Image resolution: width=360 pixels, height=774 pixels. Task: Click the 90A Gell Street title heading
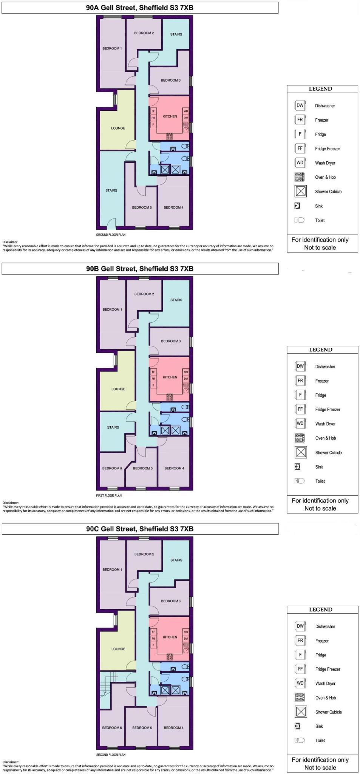tap(140, 8)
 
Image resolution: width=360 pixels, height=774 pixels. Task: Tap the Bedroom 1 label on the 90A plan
tap(112, 48)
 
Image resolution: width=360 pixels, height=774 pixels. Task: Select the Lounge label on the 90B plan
tap(118, 389)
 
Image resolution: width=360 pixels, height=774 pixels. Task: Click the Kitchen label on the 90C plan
tap(170, 637)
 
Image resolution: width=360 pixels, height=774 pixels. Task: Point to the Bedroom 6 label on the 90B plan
tap(112, 468)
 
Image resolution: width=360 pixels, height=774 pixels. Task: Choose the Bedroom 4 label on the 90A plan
tap(173, 207)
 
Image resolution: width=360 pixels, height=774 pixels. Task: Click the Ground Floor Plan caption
tap(111, 235)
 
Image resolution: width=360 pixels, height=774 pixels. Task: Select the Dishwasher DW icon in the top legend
tap(300, 105)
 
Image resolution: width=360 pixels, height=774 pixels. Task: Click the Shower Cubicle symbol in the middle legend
tap(301, 452)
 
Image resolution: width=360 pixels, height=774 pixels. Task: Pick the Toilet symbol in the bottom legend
tap(300, 740)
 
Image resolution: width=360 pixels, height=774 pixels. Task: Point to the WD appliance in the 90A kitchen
tap(186, 111)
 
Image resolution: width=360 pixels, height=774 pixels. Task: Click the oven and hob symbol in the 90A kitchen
tap(170, 136)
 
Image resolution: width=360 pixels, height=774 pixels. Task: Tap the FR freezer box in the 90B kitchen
tap(153, 379)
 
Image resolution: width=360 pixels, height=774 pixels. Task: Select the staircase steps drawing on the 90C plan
tap(106, 684)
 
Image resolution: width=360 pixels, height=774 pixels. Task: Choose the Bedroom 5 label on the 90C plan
tap(142, 728)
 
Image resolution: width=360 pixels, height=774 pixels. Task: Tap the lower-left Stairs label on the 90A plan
tap(111, 190)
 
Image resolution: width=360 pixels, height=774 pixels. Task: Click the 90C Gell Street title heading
tap(140, 529)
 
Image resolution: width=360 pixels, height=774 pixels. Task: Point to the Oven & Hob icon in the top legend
tap(300, 177)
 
